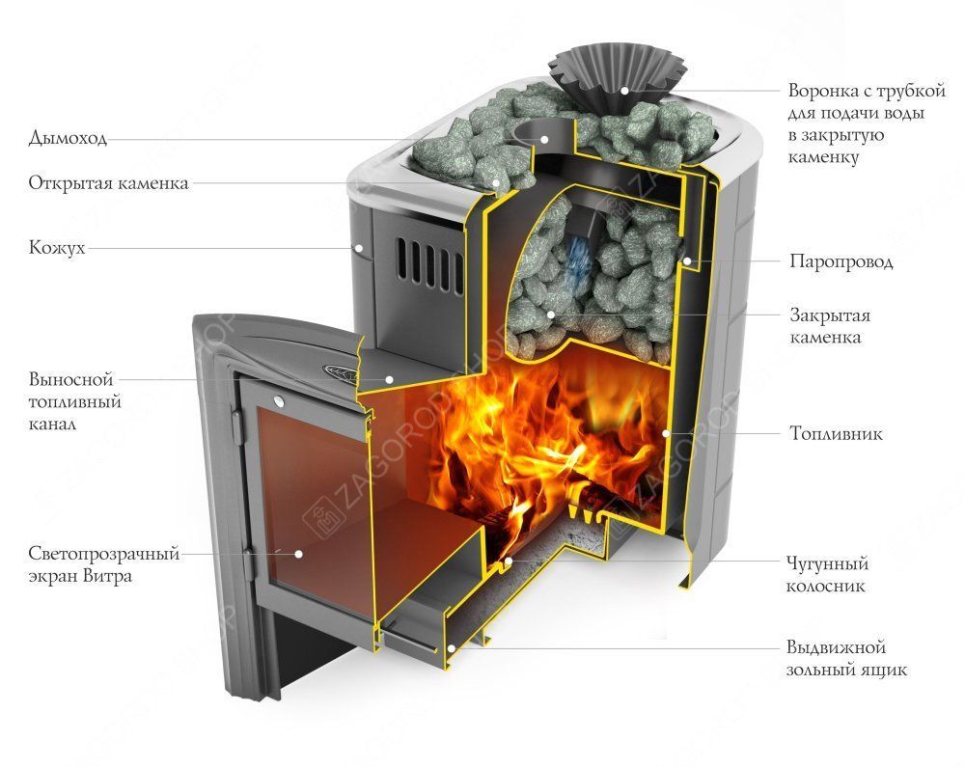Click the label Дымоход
pos(68,137)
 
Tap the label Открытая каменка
pos(108,183)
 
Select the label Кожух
pos(57,248)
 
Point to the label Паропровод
pos(841,261)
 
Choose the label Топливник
pos(837,433)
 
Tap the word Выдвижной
pos(836,647)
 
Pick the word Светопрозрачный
pos(104,554)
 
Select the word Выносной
pos(71,379)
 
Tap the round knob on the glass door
pos(280,402)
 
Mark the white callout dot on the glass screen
pos(298,554)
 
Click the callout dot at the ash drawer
pos(451,647)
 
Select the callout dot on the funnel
pos(623,90)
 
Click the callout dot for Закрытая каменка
pos(551,315)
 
